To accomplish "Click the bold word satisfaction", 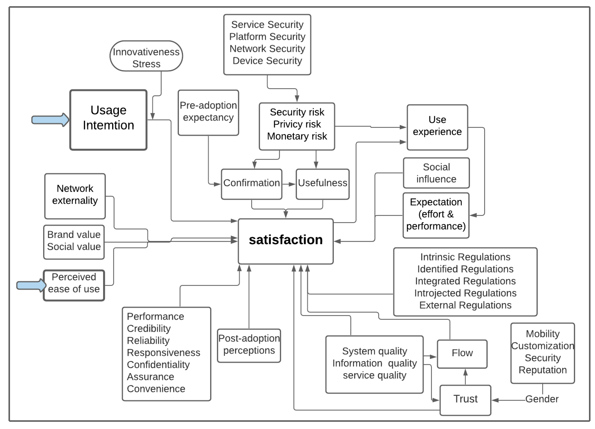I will [x=286, y=240].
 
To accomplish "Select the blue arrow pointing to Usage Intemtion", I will [x=50, y=120].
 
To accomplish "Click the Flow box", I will [x=462, y=353].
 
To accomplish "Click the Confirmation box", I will [x=251, y=183].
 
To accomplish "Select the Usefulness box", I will [x=322, y=183].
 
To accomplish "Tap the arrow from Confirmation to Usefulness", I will [x=289, y=184].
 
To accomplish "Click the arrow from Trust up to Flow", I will [x=465, y=377].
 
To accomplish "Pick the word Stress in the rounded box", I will [x=146, y=64].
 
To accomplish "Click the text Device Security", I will [x=267, y=61].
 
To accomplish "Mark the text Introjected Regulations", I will [x=465, y=293].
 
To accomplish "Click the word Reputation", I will [x=543, y=370].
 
